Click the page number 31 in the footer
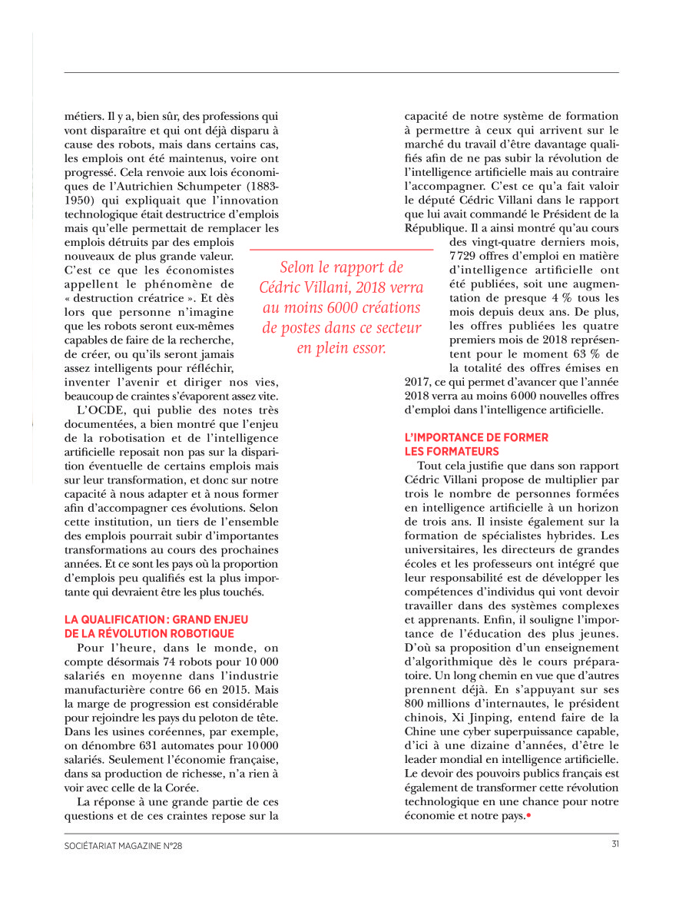click(x=615, y=845)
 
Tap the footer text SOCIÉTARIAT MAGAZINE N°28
click(x=123, y=846)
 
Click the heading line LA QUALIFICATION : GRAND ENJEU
click(x=157, y=619)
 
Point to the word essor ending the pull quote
click(x=367, y=347)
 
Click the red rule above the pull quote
click(x=341, y=250)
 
